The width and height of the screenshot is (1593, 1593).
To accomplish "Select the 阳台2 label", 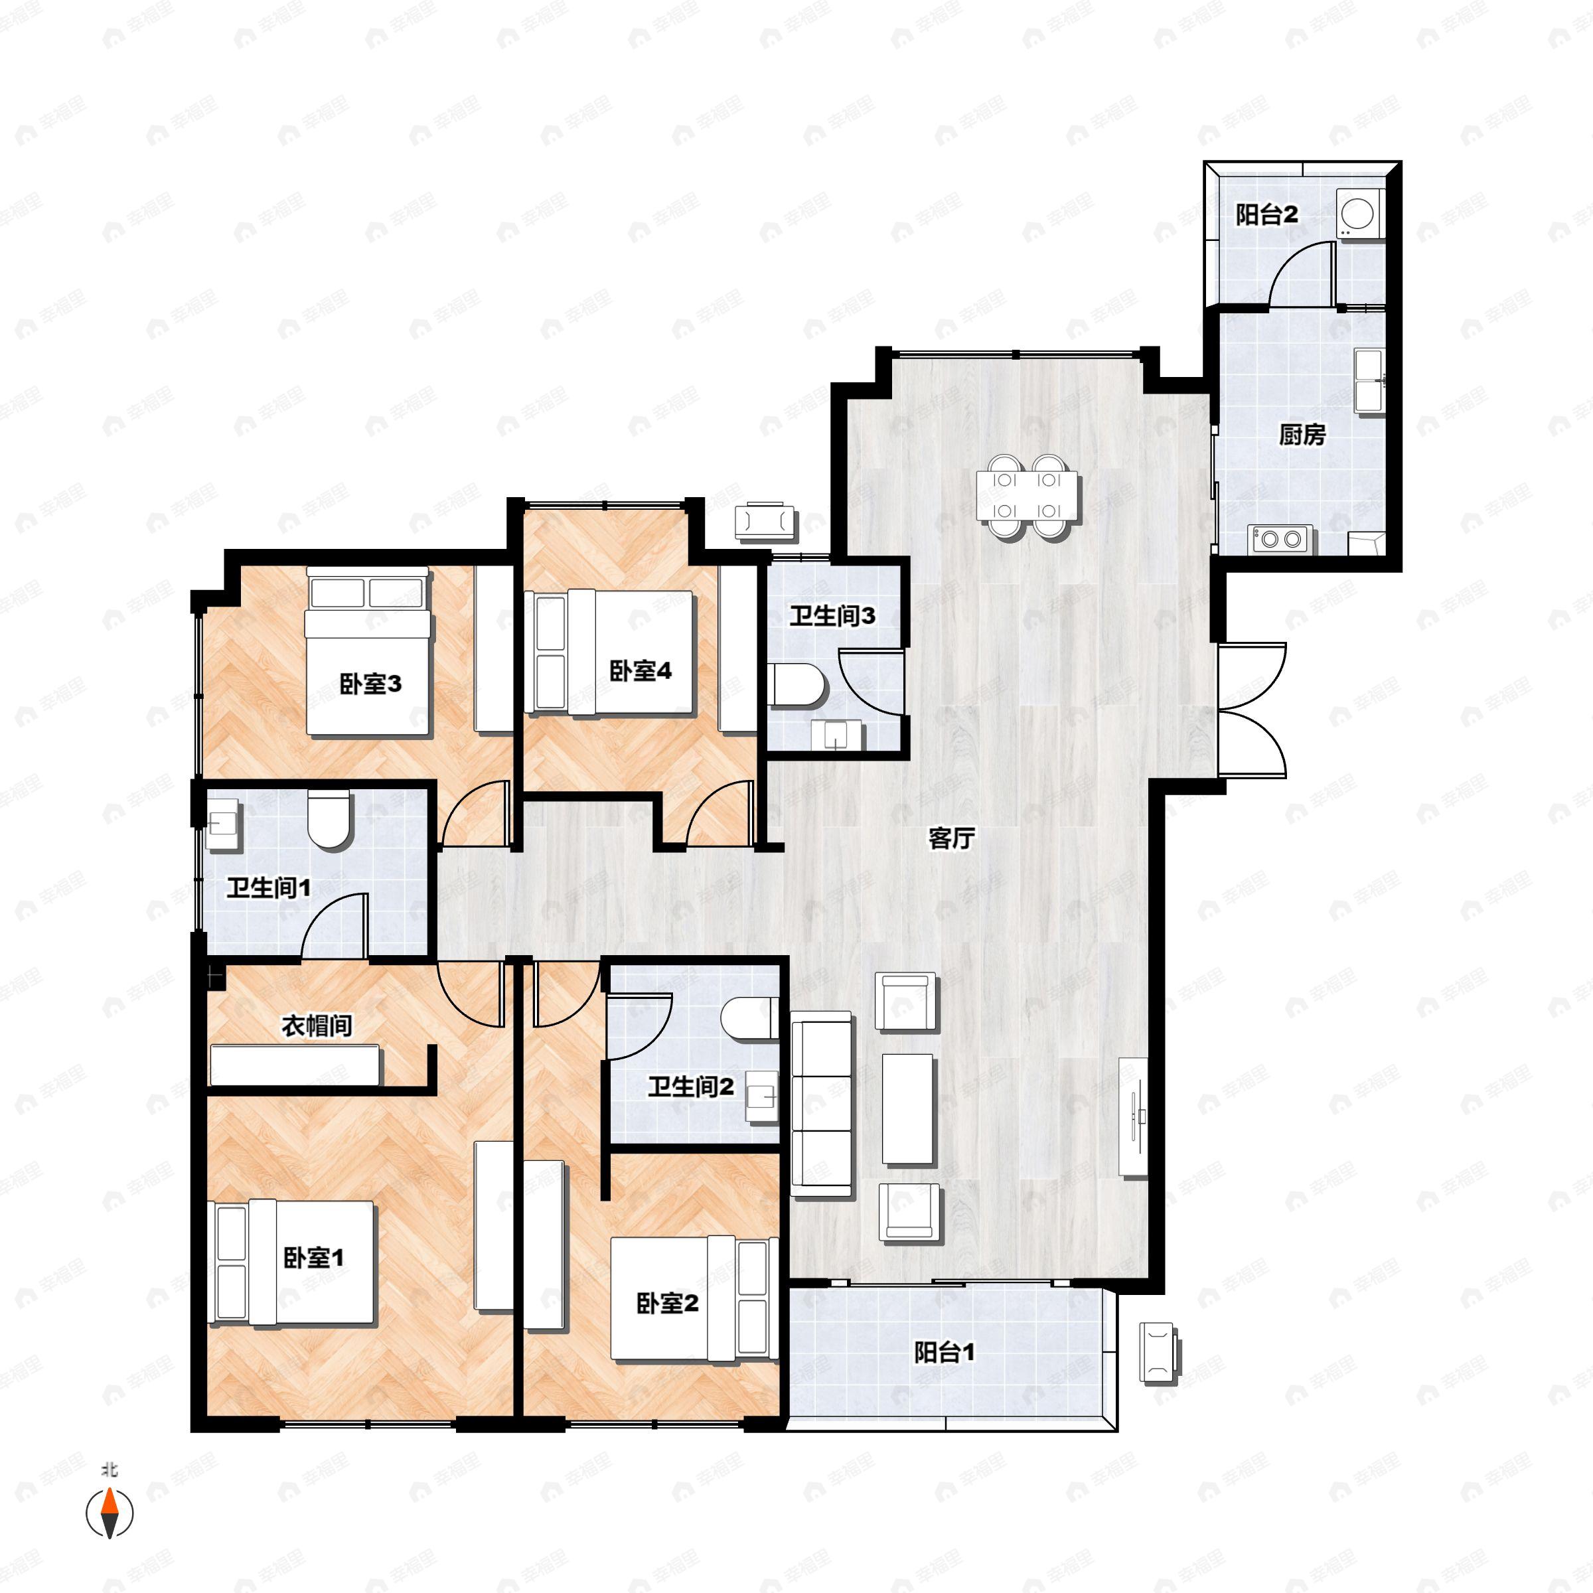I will [x=1266, y=215].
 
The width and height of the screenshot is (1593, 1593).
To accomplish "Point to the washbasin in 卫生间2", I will [x=761, y=1097].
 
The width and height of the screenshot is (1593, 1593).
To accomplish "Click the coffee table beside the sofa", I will [x=908, y=1109].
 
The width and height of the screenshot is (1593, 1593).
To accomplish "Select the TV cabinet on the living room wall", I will [x=1133, y=1116].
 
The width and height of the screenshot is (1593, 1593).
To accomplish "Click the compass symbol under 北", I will [x=110, y=1513].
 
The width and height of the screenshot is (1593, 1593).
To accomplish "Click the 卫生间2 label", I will [x=690, y=1087].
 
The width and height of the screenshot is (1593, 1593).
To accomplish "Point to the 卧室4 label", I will [x=640, y=670].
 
